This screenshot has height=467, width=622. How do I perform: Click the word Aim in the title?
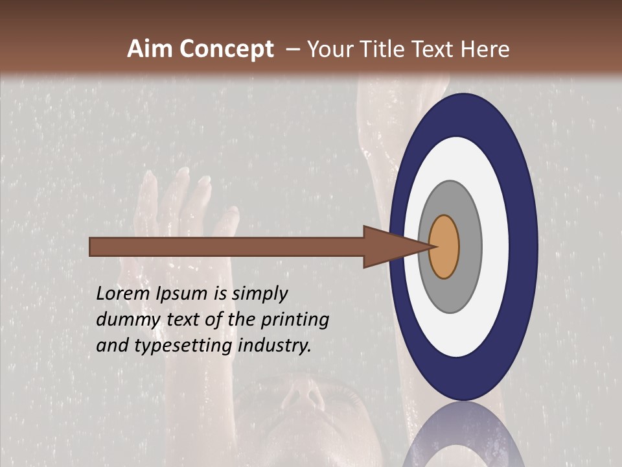click(150, 49)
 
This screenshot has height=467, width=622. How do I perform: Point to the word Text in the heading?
click(433, 49)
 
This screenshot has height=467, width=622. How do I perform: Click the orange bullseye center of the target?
click(444, 246)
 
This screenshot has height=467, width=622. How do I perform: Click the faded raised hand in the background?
click(181, 208)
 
